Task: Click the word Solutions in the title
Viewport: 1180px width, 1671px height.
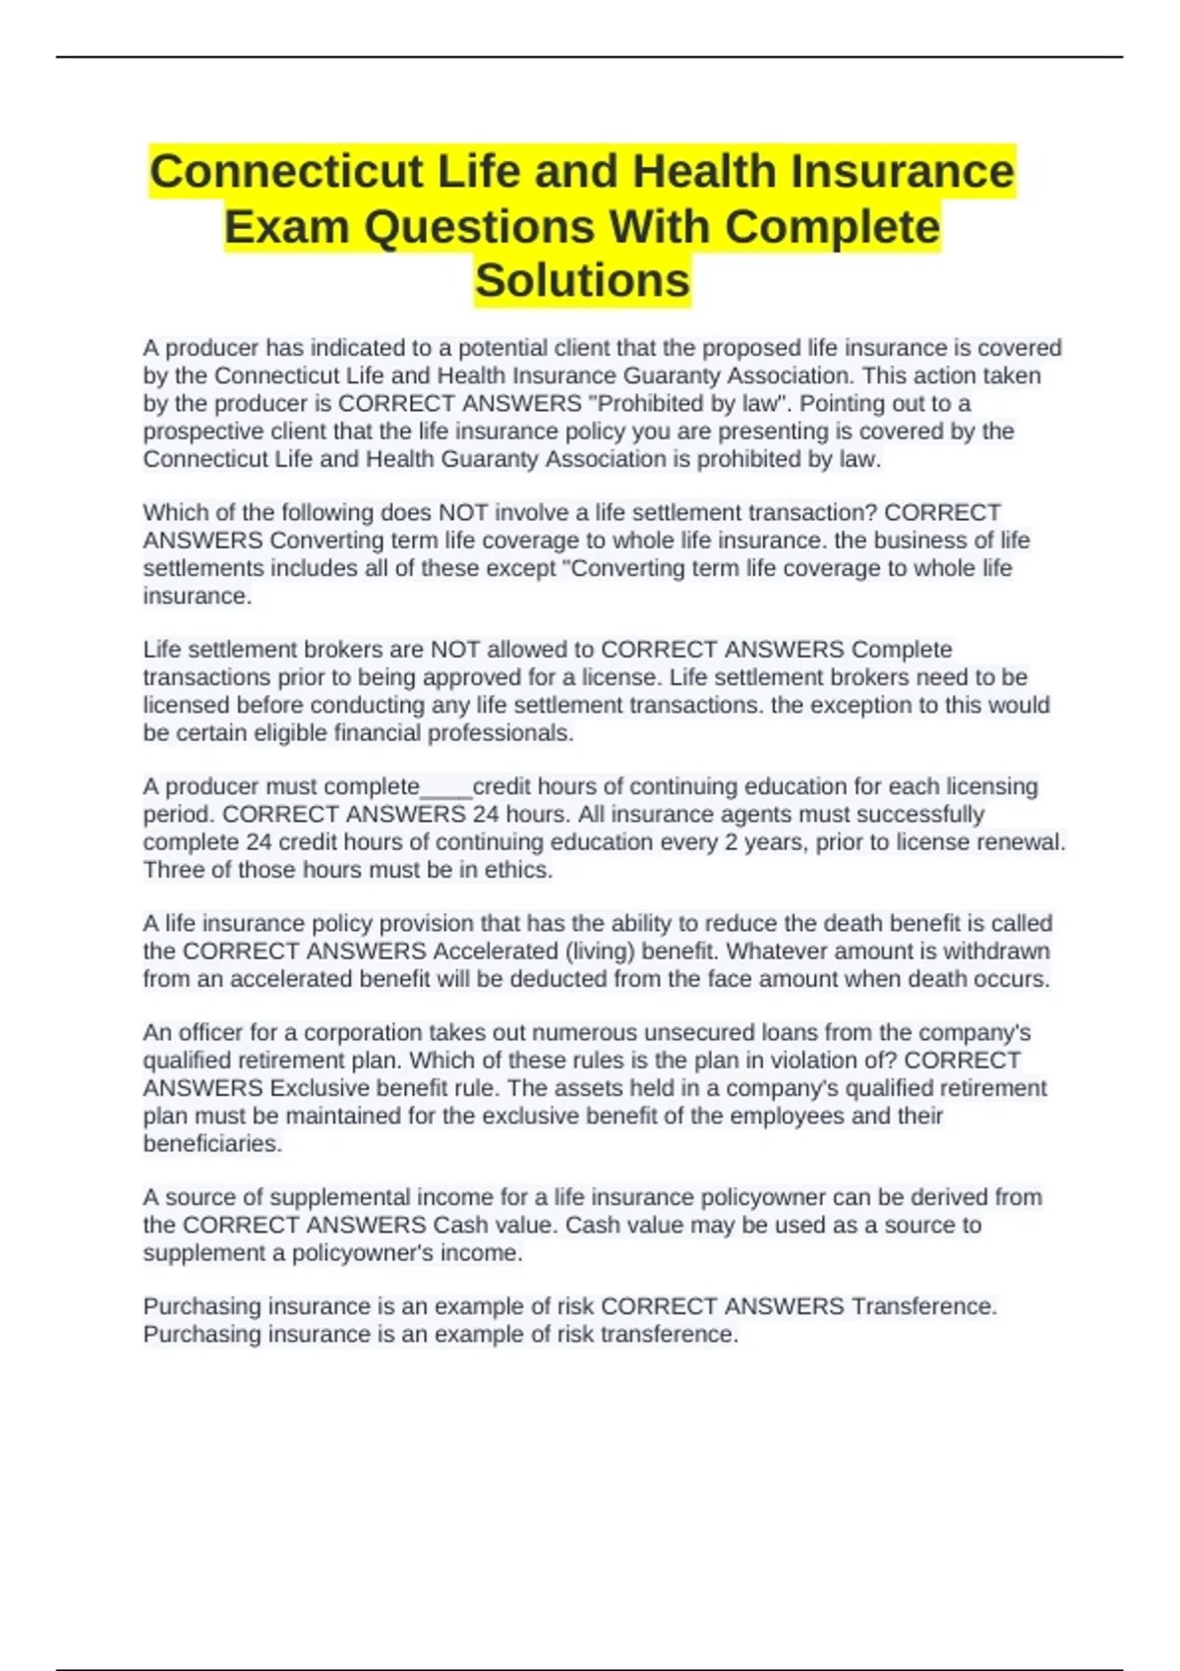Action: pos(582,281)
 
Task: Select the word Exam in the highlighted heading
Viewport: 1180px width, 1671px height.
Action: pos(288,227)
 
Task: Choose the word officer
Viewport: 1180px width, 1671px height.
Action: pos(209,1033)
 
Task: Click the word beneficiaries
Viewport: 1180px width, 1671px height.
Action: pos(212,1144)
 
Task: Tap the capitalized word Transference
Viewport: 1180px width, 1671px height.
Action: pos(924,1306)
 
